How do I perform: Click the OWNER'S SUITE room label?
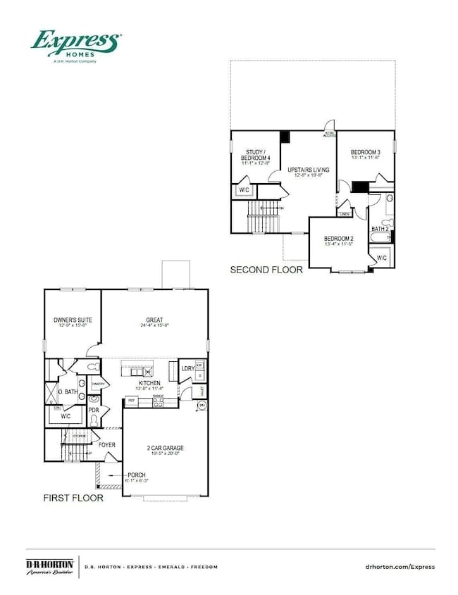[73, 320]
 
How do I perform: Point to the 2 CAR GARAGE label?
[166, 448]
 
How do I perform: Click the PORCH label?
[137, 475]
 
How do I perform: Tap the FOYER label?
[106, 445]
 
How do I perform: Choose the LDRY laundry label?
[187, 368]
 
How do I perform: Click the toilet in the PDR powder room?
[94, 420]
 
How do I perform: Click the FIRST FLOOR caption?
[73, 498]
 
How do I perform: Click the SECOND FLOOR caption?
[267, 270]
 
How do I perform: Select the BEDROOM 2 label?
[339, 239]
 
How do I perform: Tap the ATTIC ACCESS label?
[329, 134]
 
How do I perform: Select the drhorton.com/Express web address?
[401, 566]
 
